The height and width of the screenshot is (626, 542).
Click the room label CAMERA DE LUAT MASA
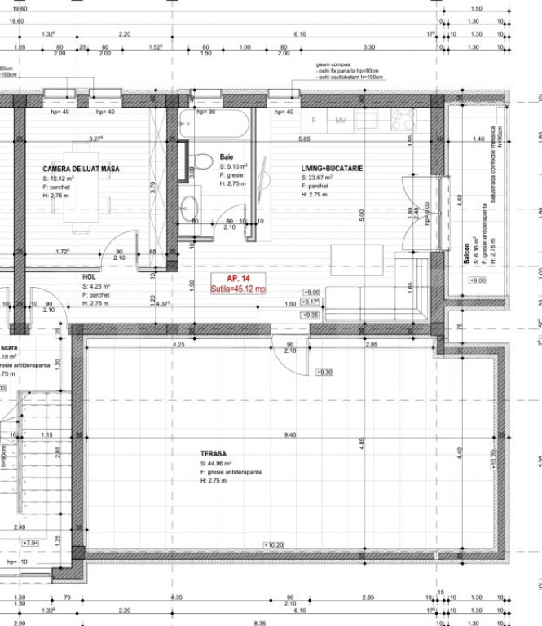82,169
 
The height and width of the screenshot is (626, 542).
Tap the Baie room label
227,156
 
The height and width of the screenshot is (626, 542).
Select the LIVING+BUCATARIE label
332,169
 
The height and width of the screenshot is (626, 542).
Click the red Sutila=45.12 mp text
239,289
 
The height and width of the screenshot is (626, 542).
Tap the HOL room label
90,277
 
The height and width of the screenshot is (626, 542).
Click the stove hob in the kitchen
403,121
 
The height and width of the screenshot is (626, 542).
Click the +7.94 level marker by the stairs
32,542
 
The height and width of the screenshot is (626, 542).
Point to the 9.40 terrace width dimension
290,435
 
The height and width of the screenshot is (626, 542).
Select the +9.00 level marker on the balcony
478,280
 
